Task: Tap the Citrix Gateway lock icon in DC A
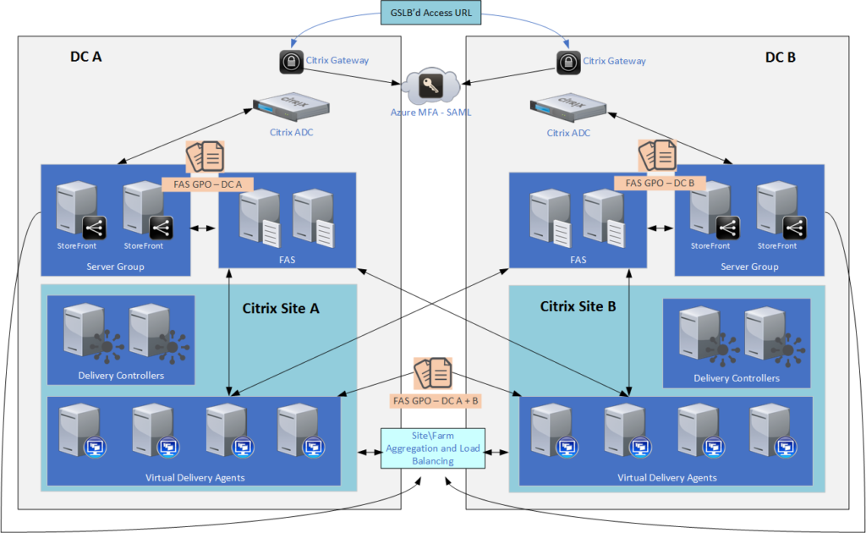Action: click(291, 61)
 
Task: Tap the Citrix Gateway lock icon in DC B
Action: click(568, 61)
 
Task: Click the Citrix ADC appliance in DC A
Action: click(291, 108)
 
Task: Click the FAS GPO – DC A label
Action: click(207, 183)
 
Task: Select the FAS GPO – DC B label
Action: click(660, 183)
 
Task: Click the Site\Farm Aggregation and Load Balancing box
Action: click(433, 448)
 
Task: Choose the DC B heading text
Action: click(780, 58)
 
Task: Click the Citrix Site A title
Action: click(280, 308)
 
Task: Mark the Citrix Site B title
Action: click(578, 306)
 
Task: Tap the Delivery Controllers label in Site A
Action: click(121, 376)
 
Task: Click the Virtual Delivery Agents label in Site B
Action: click(667, 477)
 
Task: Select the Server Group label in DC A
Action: click(115, 266)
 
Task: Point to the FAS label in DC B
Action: click(578, 261)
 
